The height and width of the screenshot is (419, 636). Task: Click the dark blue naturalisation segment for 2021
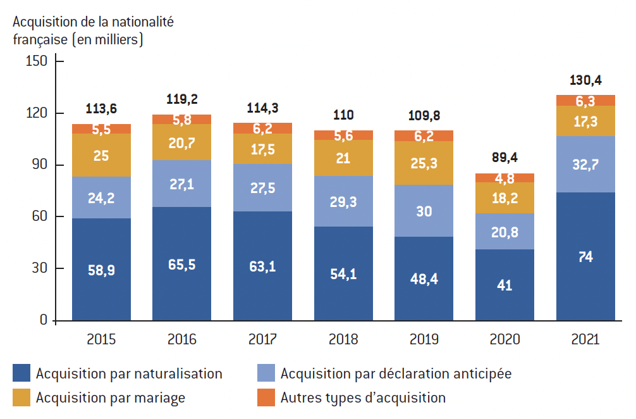pos(585,256)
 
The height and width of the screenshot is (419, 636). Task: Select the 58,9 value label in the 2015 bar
pos(101,270)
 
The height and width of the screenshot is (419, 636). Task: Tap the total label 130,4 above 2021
pos(585,80)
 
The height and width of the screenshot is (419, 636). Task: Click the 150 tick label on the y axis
pos(37,61)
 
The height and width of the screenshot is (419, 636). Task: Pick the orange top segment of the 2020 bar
pos(505,177)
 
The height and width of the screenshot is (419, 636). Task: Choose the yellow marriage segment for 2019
pos(424,163)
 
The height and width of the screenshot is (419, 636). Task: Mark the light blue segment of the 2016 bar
pos(181,184)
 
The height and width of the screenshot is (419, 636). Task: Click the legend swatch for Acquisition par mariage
pos(21,397)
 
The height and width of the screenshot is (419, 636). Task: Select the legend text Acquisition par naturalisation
pos(129,373)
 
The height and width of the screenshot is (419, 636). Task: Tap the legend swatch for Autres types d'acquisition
pos(266,397)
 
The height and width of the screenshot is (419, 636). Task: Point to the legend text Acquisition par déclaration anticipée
pos(396,373)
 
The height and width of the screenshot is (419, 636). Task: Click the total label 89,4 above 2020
pos(505,158)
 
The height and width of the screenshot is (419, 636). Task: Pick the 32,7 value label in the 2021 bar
pos(585,165)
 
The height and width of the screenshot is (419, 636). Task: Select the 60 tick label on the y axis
pos(40,216)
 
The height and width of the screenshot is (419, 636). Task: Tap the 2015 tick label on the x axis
pos(101,339)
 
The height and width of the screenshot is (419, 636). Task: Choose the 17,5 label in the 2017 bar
pos(262,149)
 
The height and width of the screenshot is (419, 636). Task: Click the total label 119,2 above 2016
pos(181,99)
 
